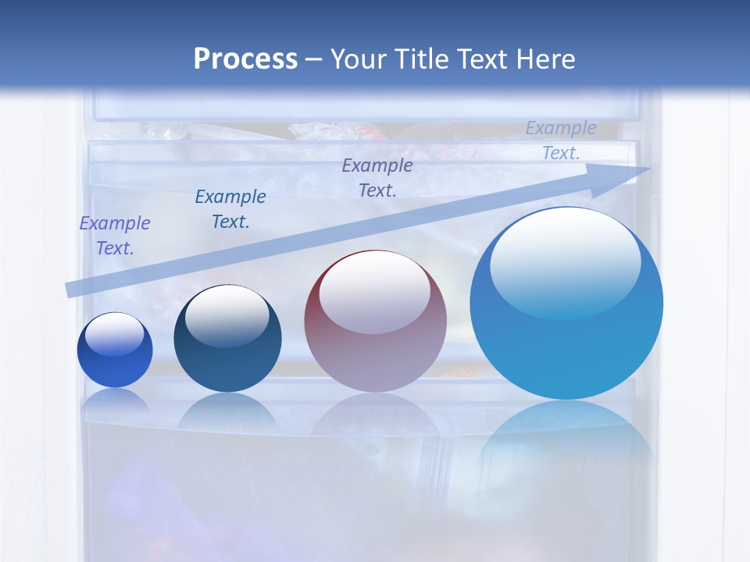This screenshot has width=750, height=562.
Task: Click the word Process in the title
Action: coord(245,59)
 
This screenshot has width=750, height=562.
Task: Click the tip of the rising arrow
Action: coord(648,169)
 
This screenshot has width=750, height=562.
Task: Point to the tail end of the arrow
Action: coord(69,290)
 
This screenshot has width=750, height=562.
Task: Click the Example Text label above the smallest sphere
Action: coord(114,236)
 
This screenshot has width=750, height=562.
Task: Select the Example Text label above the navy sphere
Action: coord(230,209)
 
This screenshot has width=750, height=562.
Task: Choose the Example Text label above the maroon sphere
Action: coord(377,177)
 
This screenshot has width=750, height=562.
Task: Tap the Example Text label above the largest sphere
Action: coord(561,140)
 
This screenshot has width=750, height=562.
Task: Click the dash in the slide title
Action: coord(314,59)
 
